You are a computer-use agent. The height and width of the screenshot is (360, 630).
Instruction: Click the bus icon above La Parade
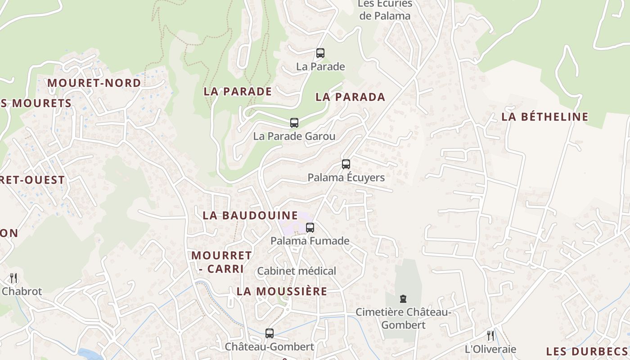click(x=320, y=53)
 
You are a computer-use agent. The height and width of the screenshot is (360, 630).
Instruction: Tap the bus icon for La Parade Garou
click(x=294, y=123)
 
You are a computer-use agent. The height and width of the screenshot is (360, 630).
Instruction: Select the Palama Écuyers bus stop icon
click(x=346, y=164)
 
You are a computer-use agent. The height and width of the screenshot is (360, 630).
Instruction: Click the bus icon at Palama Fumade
click(x=310, y=228)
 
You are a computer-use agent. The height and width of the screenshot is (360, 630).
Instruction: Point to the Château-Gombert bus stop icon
click(x=269, y=333)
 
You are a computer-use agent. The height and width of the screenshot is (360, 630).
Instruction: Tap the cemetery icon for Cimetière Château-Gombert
click(x=403, y=299)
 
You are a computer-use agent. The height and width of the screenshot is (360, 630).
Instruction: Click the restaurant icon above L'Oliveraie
click(x=490, y=335)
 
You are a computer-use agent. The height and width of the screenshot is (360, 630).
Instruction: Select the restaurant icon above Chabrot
click(x=13, y=278)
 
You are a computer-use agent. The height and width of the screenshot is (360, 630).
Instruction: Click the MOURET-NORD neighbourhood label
click(x=94, y=83)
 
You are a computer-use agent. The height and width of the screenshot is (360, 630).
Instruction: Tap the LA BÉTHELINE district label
click(x=544, y=117)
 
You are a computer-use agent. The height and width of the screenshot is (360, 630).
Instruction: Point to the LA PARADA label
click(x=350, y=97)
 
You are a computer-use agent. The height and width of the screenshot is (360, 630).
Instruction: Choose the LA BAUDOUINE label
click(x=250, y=215)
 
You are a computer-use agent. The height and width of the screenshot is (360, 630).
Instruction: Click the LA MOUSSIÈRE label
click(x=282, y=291)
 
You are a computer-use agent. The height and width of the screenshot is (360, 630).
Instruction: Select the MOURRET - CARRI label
click(x=221, y=262)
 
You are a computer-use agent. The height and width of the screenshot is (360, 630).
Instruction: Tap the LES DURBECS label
click(x=586, y=351)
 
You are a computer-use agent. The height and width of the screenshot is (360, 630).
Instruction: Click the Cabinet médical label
click(x=296, y=271)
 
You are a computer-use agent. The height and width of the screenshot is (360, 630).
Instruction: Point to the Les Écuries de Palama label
click(x=385, y=10)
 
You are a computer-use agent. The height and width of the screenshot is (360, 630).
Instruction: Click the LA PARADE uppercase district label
click(x=238, y=91)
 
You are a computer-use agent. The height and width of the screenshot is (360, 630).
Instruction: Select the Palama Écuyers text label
click(x=346, y=177)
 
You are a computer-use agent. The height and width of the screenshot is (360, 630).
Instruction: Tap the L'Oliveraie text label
click(x=490, y=349)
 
